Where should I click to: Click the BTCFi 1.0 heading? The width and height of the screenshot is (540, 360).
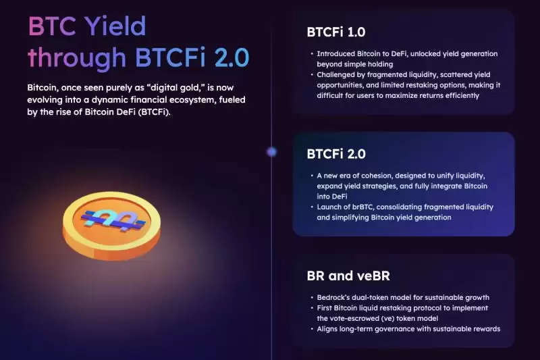click(336, 31)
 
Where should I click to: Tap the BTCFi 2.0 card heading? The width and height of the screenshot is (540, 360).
click(336, 153)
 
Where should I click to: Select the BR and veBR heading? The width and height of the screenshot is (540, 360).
click(348, 276)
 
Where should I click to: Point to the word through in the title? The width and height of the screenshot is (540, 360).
click(77, 58)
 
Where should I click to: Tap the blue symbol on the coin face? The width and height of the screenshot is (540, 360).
click(111, 217)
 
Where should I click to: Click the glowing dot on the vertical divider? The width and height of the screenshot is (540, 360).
click(271, 152)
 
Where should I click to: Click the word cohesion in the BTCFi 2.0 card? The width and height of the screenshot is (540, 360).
click(387, 175)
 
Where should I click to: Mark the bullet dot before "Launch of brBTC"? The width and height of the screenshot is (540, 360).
click(311, 207)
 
